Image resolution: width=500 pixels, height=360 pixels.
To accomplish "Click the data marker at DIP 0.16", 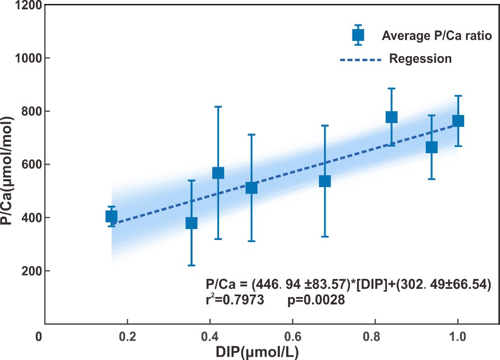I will point(111,217).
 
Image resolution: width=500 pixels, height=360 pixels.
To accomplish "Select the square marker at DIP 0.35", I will point(191,223).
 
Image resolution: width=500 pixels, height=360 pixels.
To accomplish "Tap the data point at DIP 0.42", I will point(218,173).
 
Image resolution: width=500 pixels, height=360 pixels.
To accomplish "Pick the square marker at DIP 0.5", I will point(251,188).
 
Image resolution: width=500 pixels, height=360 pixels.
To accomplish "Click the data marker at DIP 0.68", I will point(325,181).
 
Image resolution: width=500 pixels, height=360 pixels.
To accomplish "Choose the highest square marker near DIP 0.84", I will point(391,117).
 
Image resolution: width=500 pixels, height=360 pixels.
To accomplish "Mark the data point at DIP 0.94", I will point(431,147).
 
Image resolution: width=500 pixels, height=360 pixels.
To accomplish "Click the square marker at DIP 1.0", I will point(458,121).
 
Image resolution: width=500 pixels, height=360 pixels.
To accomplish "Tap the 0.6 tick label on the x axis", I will point(292,336).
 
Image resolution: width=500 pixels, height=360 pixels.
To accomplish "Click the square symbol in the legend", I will point(358,35).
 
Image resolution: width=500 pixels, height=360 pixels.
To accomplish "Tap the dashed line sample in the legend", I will point(360,60).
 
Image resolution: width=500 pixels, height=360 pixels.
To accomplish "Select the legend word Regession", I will point(420,59).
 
